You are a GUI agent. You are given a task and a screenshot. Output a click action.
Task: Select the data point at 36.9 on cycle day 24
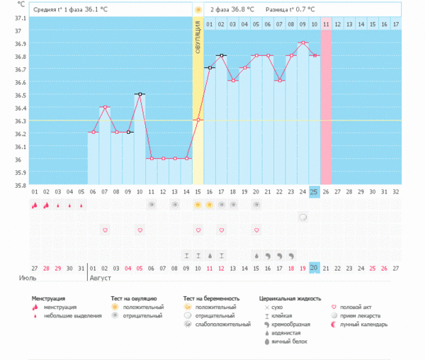[302, 43]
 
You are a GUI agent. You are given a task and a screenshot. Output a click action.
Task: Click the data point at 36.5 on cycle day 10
[140, 94]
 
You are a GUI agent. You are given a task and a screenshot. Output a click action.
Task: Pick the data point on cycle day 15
[198, 120]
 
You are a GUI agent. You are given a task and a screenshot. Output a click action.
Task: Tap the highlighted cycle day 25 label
[314, 191]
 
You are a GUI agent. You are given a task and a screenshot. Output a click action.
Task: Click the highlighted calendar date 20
[314, 267]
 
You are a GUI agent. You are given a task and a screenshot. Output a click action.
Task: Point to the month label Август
[100, 278]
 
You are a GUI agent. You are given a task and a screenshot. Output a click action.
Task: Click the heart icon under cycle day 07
[105, 230]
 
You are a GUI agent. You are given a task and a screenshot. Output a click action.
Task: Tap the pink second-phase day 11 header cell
[326, 24]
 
